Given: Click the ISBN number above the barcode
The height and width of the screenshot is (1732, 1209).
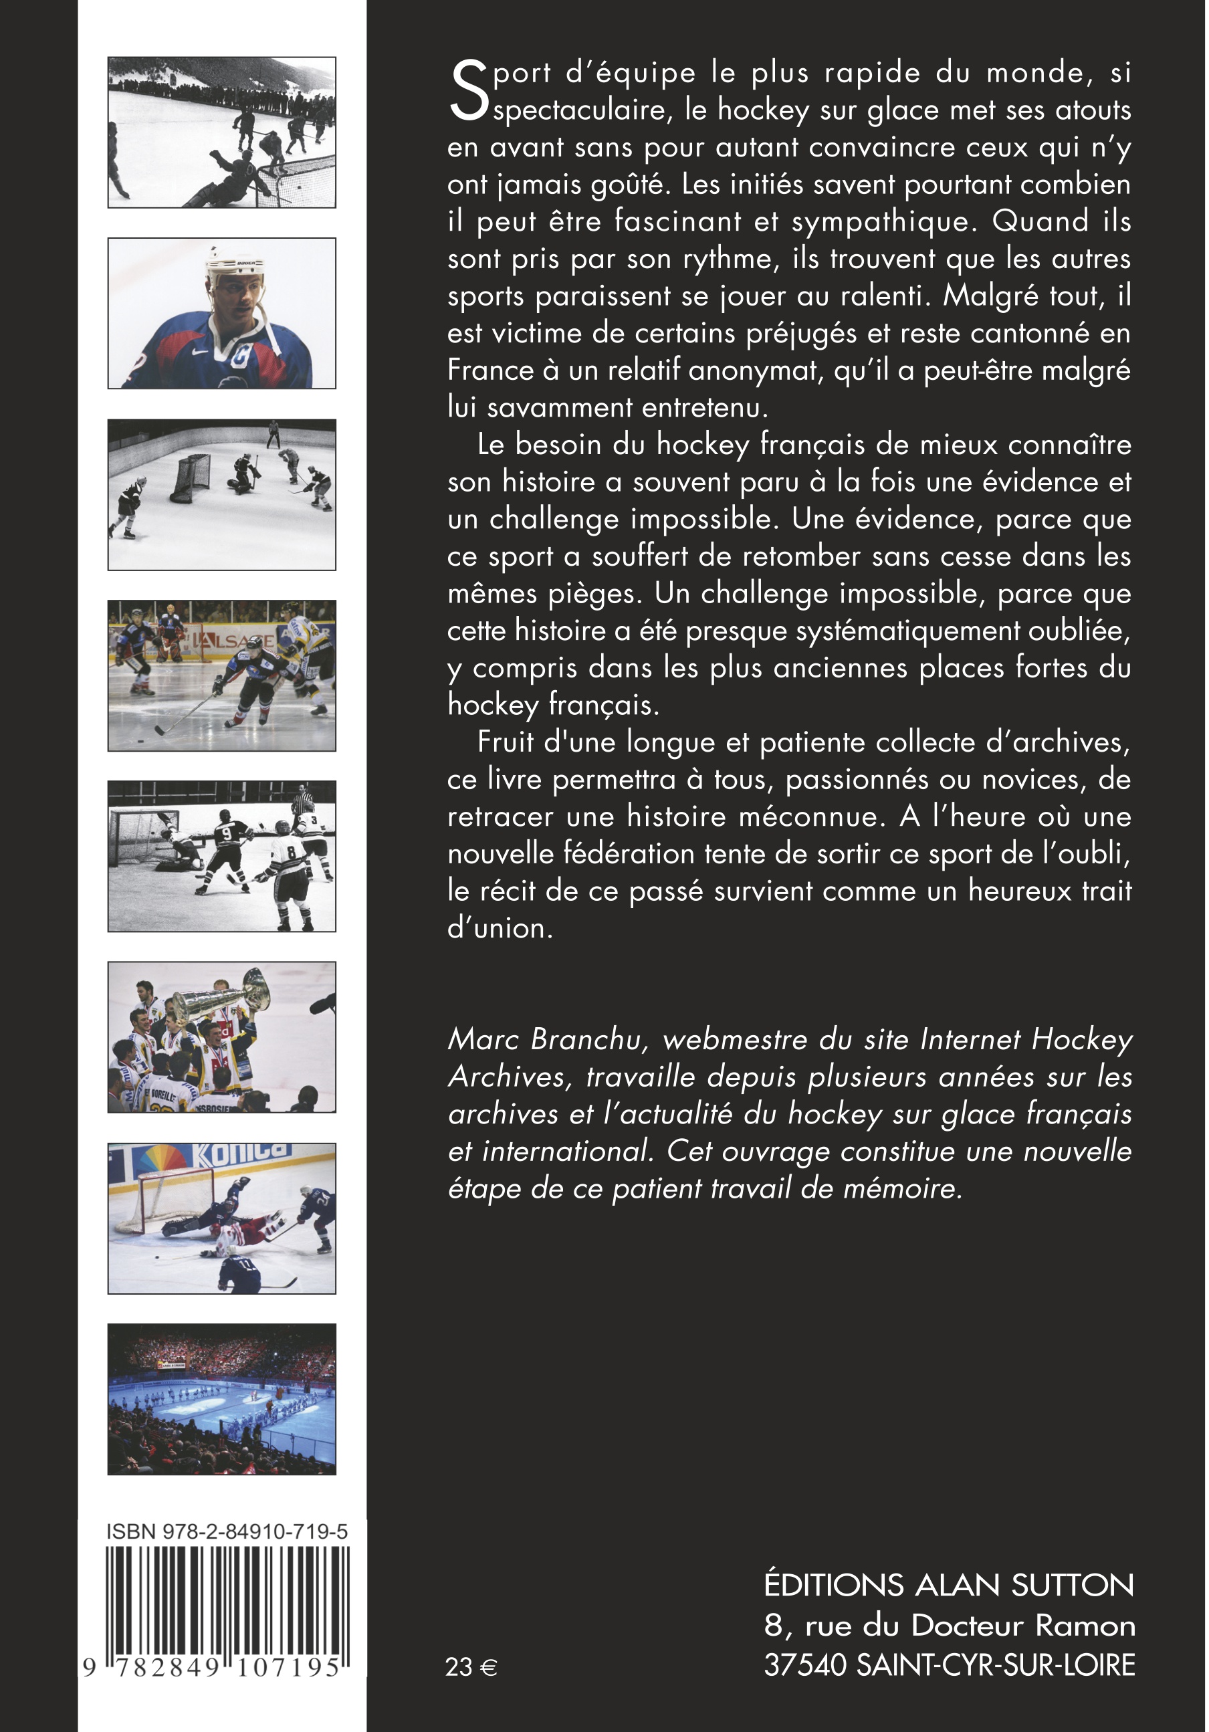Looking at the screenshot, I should click(x=227, y=1531).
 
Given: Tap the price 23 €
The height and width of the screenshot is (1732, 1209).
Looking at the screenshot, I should click(x=471, y=1666).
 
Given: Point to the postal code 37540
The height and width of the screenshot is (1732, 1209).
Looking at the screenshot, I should click(x=804, y=1665).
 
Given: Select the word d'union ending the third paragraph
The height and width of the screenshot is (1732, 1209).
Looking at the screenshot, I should click(x=500, y=929).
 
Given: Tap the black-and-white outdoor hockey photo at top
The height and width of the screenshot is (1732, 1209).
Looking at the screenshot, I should click(x=222, y=132).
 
